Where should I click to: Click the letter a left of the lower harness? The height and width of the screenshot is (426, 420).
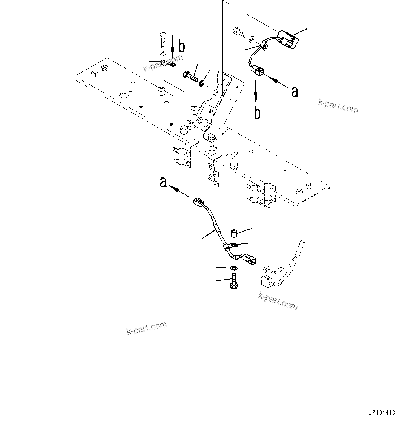[x=164, y=183]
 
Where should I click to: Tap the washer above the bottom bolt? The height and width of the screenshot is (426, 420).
[x=233, y=268]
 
